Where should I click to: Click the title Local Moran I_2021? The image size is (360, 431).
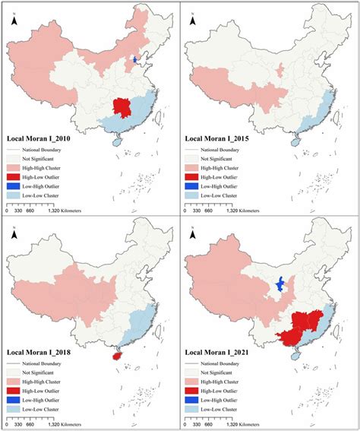coord(224,353)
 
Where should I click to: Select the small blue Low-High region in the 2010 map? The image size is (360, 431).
coord(136,59)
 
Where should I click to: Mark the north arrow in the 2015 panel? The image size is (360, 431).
coord(193,22)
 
